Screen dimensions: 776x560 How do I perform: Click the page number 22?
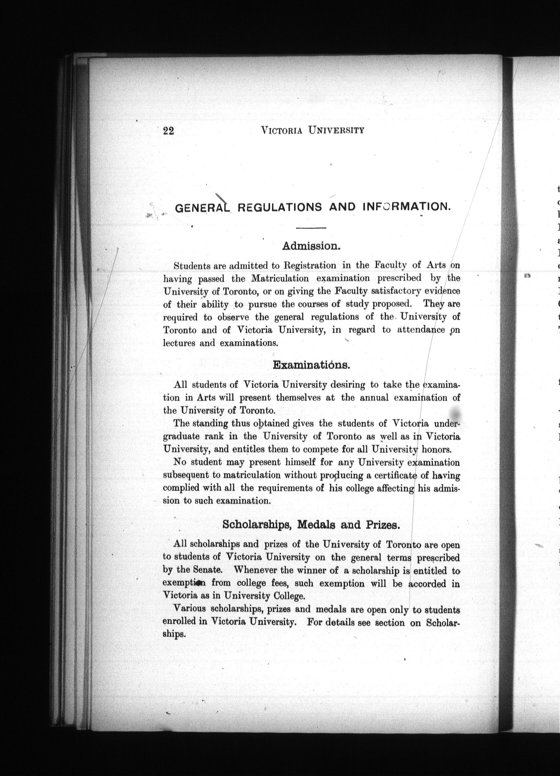click(x=169, y=131)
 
